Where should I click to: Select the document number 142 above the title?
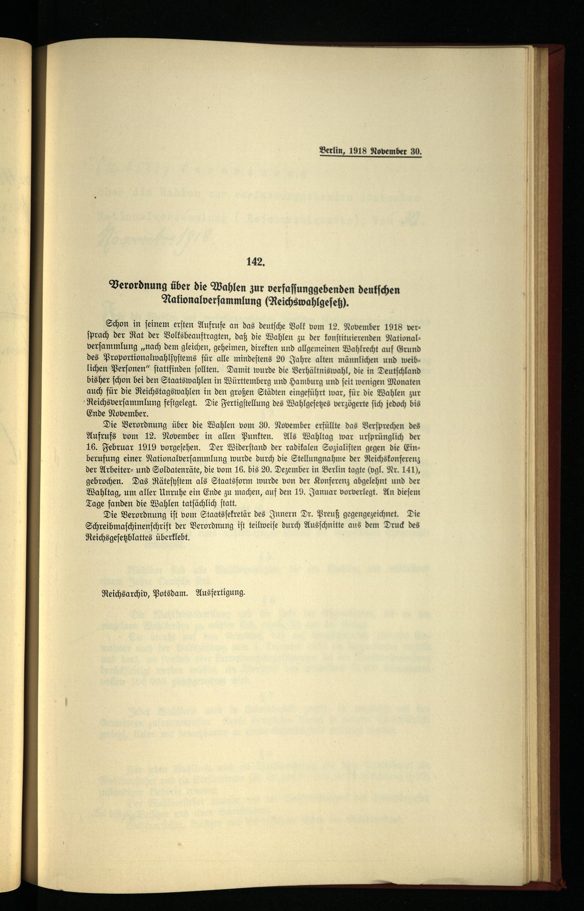coord(255,262)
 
